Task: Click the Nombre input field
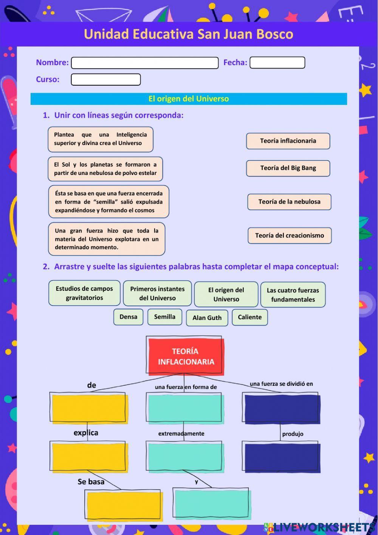[x=145, y=63]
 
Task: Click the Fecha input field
[x=277, y=62]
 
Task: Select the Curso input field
[x=106, y=80]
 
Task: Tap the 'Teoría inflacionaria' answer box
[x=288, y=141]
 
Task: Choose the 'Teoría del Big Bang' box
[x=288, y=168]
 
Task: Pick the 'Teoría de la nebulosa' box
[x=289, y=202]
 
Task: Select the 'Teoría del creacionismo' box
[x=290, y=236]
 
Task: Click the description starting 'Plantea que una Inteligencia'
[x=100, y=139]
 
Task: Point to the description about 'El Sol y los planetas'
[x=105, y=169]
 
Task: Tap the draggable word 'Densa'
[x=128, y=317]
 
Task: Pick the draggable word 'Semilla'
[x=164, y=317]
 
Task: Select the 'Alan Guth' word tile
[x=207, y=318]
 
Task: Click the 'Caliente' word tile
[x=249, y=317]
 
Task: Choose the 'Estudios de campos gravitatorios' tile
[x=84, y=293]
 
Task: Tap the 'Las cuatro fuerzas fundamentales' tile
[x=293, y=295]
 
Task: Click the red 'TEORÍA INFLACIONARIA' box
[x=186, y=356]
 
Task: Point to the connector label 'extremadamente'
[x=181, y=434]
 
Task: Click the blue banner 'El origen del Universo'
[x=189, y=99]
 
